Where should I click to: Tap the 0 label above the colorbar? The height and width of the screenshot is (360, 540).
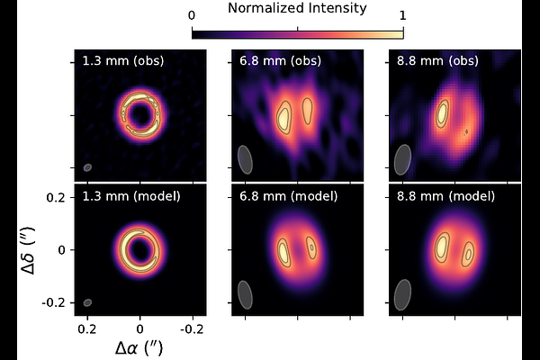pos(192,16)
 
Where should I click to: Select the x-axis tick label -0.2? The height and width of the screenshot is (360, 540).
pos(193,329)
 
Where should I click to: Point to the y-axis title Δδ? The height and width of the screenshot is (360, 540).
pos(30,249)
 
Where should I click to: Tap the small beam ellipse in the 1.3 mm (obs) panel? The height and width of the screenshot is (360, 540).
pos(87,167)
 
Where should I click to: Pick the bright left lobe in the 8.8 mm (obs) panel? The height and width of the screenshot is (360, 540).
pos(443,112)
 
